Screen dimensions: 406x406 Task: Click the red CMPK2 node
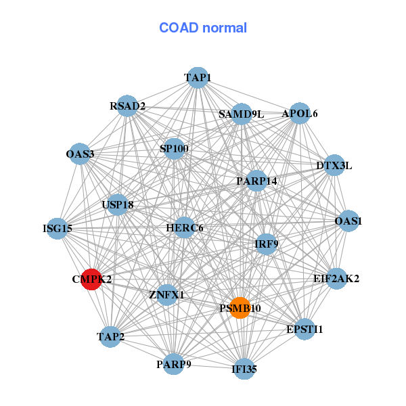tap(91, 279)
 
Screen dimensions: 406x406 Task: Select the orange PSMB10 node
tap(240, 308)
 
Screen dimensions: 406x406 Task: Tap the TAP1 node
tap(198, 78)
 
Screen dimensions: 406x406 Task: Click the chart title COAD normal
tap(203, 28)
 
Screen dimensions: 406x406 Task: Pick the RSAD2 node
tap(127, 106)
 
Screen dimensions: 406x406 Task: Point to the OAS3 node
tap(80, 154)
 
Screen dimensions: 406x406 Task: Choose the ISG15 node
tap(58, 229)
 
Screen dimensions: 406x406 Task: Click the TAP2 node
tap(110, 336)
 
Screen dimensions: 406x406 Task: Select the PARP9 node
tap(173, 364)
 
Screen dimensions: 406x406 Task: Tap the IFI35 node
tap(244, 369)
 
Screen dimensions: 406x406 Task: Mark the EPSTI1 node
tap(304, 329)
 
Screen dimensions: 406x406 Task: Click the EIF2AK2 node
tap(336, 279)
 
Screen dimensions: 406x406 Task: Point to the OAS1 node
tap(348, 221)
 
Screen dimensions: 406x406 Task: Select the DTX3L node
tap(334, 165)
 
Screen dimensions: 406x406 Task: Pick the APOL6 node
tap(300, 113)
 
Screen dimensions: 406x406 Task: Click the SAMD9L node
tap(242, 114)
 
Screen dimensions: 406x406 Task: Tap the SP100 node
tap(175, 149)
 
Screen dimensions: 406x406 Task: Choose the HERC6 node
tap(184, 227)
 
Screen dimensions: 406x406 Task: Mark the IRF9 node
tap(267, 244)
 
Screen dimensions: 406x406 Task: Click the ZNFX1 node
tap(166, 294)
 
